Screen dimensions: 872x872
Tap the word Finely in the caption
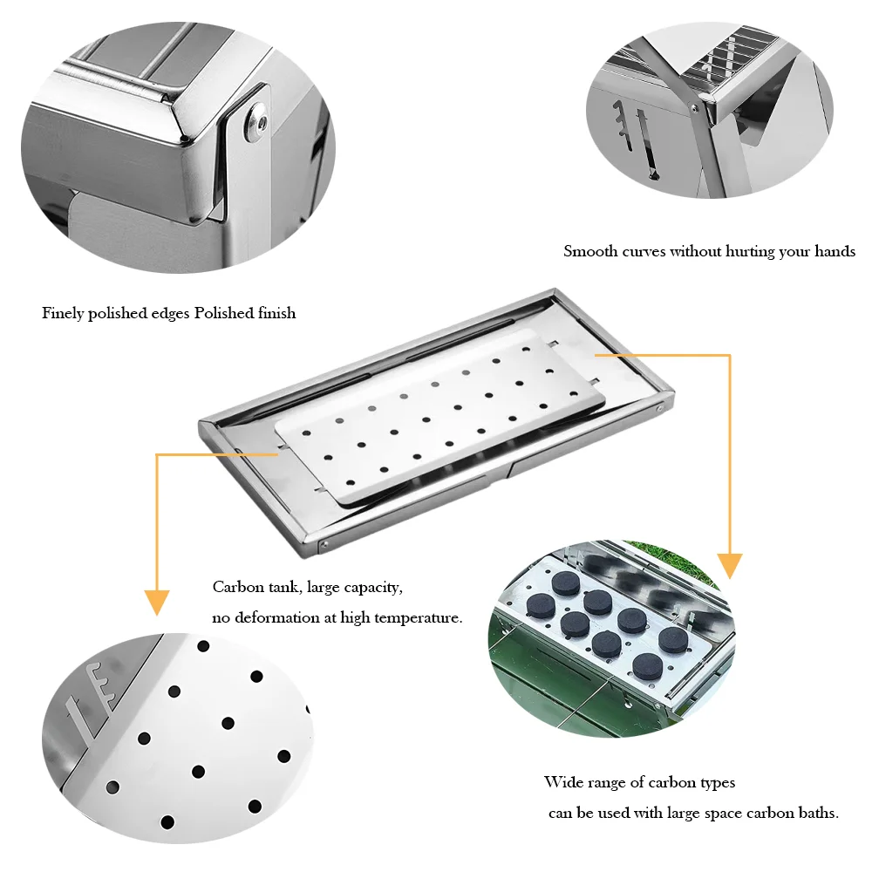coord(64,313)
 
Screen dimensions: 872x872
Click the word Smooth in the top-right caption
coord(590,251)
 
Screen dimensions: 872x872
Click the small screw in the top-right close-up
coord(695,108)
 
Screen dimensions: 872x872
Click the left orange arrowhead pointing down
coord(157,602)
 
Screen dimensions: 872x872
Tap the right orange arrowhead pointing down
coord(729,566)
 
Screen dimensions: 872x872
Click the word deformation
coord(277,617)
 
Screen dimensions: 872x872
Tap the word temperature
coord(417,617)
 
